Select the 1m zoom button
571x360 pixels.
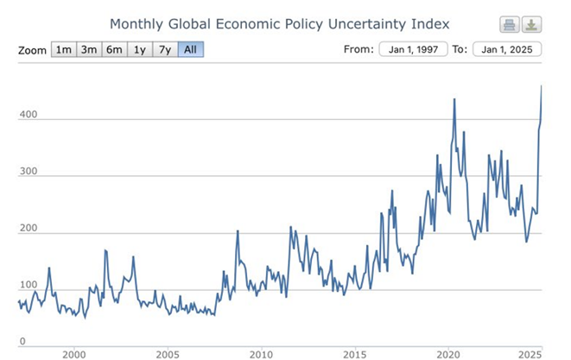pos(63,49)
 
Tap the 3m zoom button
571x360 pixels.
pos(88,49)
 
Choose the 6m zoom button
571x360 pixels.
pos(114,49)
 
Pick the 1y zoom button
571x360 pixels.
pos(139,49)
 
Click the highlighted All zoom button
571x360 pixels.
pos(190,49)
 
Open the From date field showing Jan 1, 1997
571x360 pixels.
pos(412,48)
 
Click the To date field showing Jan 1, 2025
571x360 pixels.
pos(507,48)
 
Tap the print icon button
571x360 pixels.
pos(509,24)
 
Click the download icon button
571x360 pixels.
pos(532,24)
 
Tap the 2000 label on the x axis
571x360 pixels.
pos(74,354)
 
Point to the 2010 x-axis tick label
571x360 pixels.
pos(261,354)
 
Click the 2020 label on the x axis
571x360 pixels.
pos(447,354)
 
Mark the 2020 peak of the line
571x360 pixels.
pos(454,99)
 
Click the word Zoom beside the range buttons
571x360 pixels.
pos(32,50)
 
